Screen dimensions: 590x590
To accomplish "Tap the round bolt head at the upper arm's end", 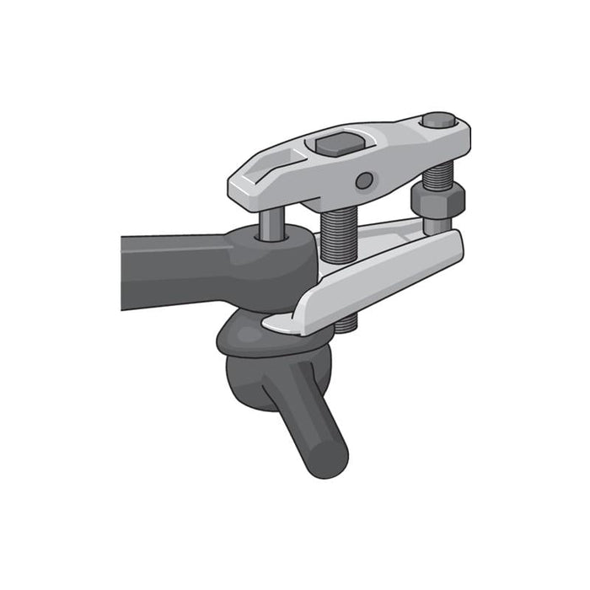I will (x=438, y=120).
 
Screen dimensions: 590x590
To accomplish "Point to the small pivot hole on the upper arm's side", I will (x=364, y=180).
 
